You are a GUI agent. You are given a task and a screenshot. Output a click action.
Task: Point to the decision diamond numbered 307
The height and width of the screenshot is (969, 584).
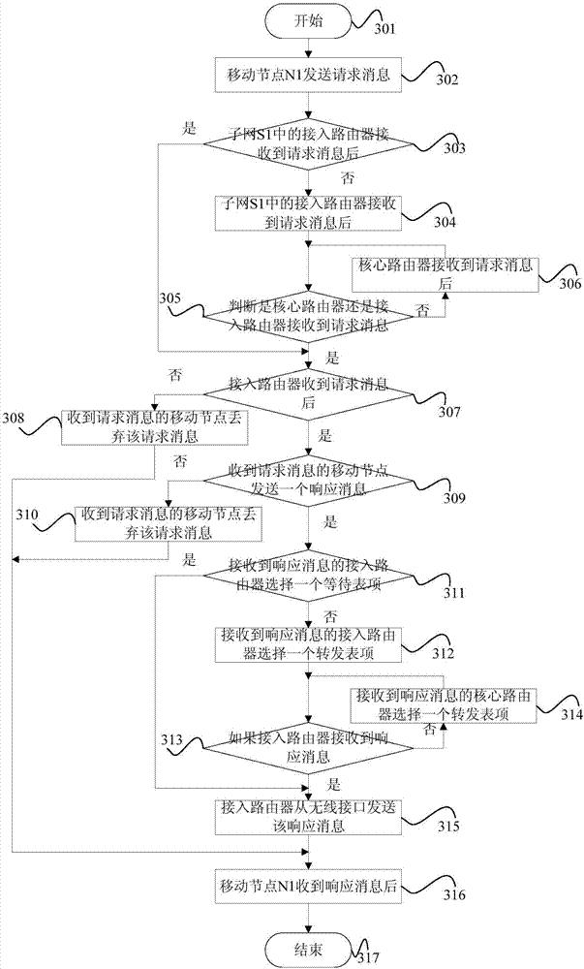coord(309,393)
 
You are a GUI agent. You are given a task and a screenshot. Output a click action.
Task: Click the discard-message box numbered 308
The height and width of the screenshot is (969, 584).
coord(154,427)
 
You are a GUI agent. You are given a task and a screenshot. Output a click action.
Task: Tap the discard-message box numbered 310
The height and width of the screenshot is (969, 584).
coord(169,523)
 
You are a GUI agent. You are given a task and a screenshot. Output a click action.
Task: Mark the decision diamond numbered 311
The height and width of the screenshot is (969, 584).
coord(309,576)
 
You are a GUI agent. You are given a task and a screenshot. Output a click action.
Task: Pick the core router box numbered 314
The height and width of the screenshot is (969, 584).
coord(444,704)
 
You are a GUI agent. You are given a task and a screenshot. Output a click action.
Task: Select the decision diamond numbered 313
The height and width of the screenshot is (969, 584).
coord(309,746)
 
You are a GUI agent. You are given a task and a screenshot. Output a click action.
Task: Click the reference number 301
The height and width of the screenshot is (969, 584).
coord(384,28)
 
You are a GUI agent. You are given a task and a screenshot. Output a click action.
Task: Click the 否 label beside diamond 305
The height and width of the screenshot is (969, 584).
coord(423,311)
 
